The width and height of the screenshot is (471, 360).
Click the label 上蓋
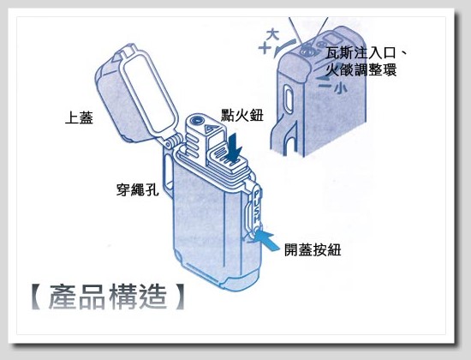click(x=79, y=117)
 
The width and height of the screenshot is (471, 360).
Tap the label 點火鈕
click(x=242, y=115)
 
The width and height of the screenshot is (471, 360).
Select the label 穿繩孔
click(x=137, y=189)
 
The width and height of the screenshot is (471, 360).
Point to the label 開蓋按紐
click(x=313, y=249)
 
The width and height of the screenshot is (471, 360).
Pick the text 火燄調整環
click(x=361, y=69)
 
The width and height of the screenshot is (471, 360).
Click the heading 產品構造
click(x=108, y=297)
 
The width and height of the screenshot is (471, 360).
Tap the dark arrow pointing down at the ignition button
click(x=235, y=148)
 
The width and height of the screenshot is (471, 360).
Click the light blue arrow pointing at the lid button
click(x=265, y=240)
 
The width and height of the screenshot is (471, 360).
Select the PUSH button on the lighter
click(x=256, y=209)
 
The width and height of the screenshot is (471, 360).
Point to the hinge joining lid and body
click(x=174, y=141)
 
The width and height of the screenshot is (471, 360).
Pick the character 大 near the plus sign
click(x=272, y=34)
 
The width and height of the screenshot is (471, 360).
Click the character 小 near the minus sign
click(x=340, y=88)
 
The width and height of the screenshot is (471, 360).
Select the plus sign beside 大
click(x=265, y=48)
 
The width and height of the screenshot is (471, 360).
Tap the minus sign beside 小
click(x=325, y=87)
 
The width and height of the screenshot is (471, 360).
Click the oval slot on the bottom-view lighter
click(x=289, y=99)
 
